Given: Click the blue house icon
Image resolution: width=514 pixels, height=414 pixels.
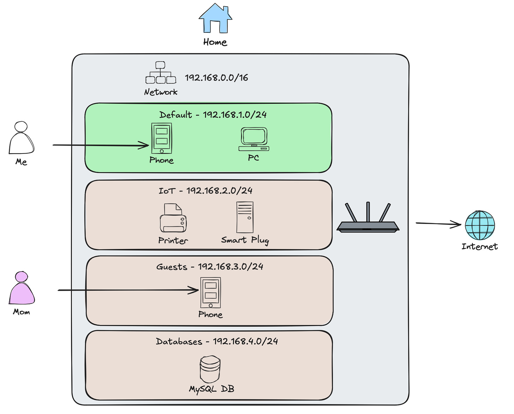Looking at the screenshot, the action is pos(215,18).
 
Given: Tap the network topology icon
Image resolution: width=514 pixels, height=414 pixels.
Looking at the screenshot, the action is pos(161,73).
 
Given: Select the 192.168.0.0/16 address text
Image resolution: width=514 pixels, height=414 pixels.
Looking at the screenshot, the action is pos(216,78).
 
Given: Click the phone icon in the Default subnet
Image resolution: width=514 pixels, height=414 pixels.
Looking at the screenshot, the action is pos(162,138).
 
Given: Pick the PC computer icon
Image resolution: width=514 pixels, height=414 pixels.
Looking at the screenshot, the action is pos(254,139).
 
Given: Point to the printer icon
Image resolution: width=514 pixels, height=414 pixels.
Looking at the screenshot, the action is pos(173,218).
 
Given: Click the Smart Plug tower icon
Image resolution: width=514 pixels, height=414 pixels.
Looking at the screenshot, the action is pos(245,217).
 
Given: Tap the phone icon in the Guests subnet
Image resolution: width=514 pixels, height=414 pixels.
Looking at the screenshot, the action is pos(210,293).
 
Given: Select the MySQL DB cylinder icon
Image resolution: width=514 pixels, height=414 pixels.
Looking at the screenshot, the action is pos(210,369).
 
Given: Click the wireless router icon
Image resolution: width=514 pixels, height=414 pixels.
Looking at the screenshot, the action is pos(368,217).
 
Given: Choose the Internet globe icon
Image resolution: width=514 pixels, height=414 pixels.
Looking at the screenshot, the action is pos(480,225).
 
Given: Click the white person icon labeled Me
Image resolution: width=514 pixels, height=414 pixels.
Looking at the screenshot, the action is pos(22,138).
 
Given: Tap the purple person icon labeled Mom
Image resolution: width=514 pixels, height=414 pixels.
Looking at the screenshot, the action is pos(22,287).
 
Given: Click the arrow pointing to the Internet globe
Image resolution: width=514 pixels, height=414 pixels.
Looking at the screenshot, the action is pos(438,224).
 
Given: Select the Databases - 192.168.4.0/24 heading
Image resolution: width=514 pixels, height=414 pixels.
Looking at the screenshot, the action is pos(217,341).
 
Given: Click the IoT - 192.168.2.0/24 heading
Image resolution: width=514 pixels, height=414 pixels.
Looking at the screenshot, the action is pos(206,191).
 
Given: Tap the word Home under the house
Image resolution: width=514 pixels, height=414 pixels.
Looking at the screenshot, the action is pos(215,42).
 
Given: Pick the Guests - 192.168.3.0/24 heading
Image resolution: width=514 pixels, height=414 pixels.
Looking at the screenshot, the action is pos(210,267).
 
